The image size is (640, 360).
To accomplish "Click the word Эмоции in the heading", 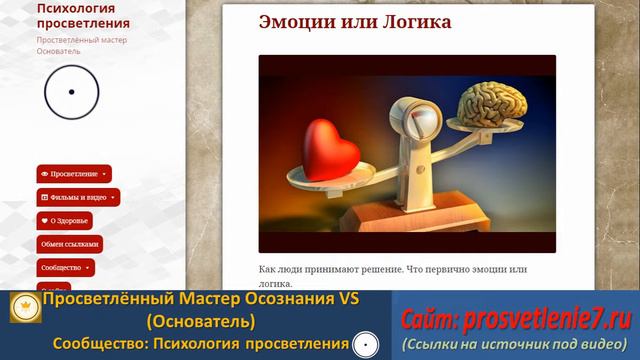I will pos(297,21).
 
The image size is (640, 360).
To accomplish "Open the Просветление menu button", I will pos(74,173).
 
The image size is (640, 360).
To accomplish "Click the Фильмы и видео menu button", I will pos(78,197).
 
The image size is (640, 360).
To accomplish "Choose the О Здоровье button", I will pos(64,220).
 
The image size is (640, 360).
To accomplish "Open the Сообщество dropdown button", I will pos(65,268).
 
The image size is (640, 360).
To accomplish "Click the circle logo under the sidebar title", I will pos(71,92).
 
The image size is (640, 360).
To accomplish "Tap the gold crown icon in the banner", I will pos(25,310).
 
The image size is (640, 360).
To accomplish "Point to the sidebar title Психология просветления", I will pos(83,15).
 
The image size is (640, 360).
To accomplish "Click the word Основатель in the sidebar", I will pos(59,51).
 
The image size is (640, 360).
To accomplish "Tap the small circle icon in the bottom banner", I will pos(366,345).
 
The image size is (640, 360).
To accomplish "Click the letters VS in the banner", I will pos(348,299).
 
